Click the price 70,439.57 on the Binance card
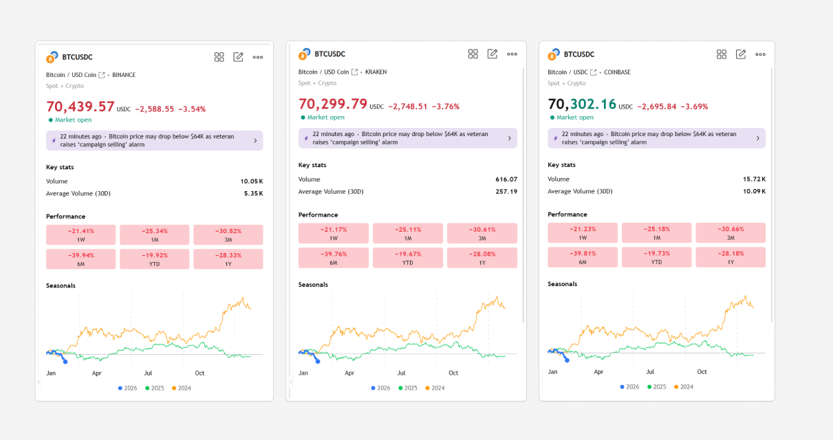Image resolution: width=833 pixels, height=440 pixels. (80, 107)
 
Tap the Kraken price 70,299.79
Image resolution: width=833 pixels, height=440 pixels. (333, 104)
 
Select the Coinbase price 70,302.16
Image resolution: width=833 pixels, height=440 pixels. (582, 104)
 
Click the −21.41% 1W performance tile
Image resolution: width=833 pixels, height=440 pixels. (81, 234)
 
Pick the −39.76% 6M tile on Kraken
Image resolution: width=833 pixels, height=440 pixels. (334, 257)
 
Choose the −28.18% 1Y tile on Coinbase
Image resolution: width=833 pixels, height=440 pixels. (731, 257)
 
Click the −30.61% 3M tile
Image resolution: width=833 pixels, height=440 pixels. (482, 233)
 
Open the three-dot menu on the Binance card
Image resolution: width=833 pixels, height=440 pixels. (258, 57)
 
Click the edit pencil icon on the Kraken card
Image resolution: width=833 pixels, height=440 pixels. (493, 54)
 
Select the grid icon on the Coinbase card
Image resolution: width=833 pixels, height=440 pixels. (722, 54)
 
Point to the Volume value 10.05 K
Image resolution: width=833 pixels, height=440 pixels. (252, 181)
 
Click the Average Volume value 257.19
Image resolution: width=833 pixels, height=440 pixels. (506, 192)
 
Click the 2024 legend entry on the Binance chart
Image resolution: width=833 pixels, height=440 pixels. (182, 388)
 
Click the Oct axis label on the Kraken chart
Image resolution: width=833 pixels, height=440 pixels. (453, 373)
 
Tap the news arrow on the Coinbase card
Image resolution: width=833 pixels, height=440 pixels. (757, 138)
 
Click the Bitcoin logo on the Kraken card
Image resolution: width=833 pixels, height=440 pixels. (304, 55)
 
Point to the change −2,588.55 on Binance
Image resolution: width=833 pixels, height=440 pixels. (155, 109)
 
